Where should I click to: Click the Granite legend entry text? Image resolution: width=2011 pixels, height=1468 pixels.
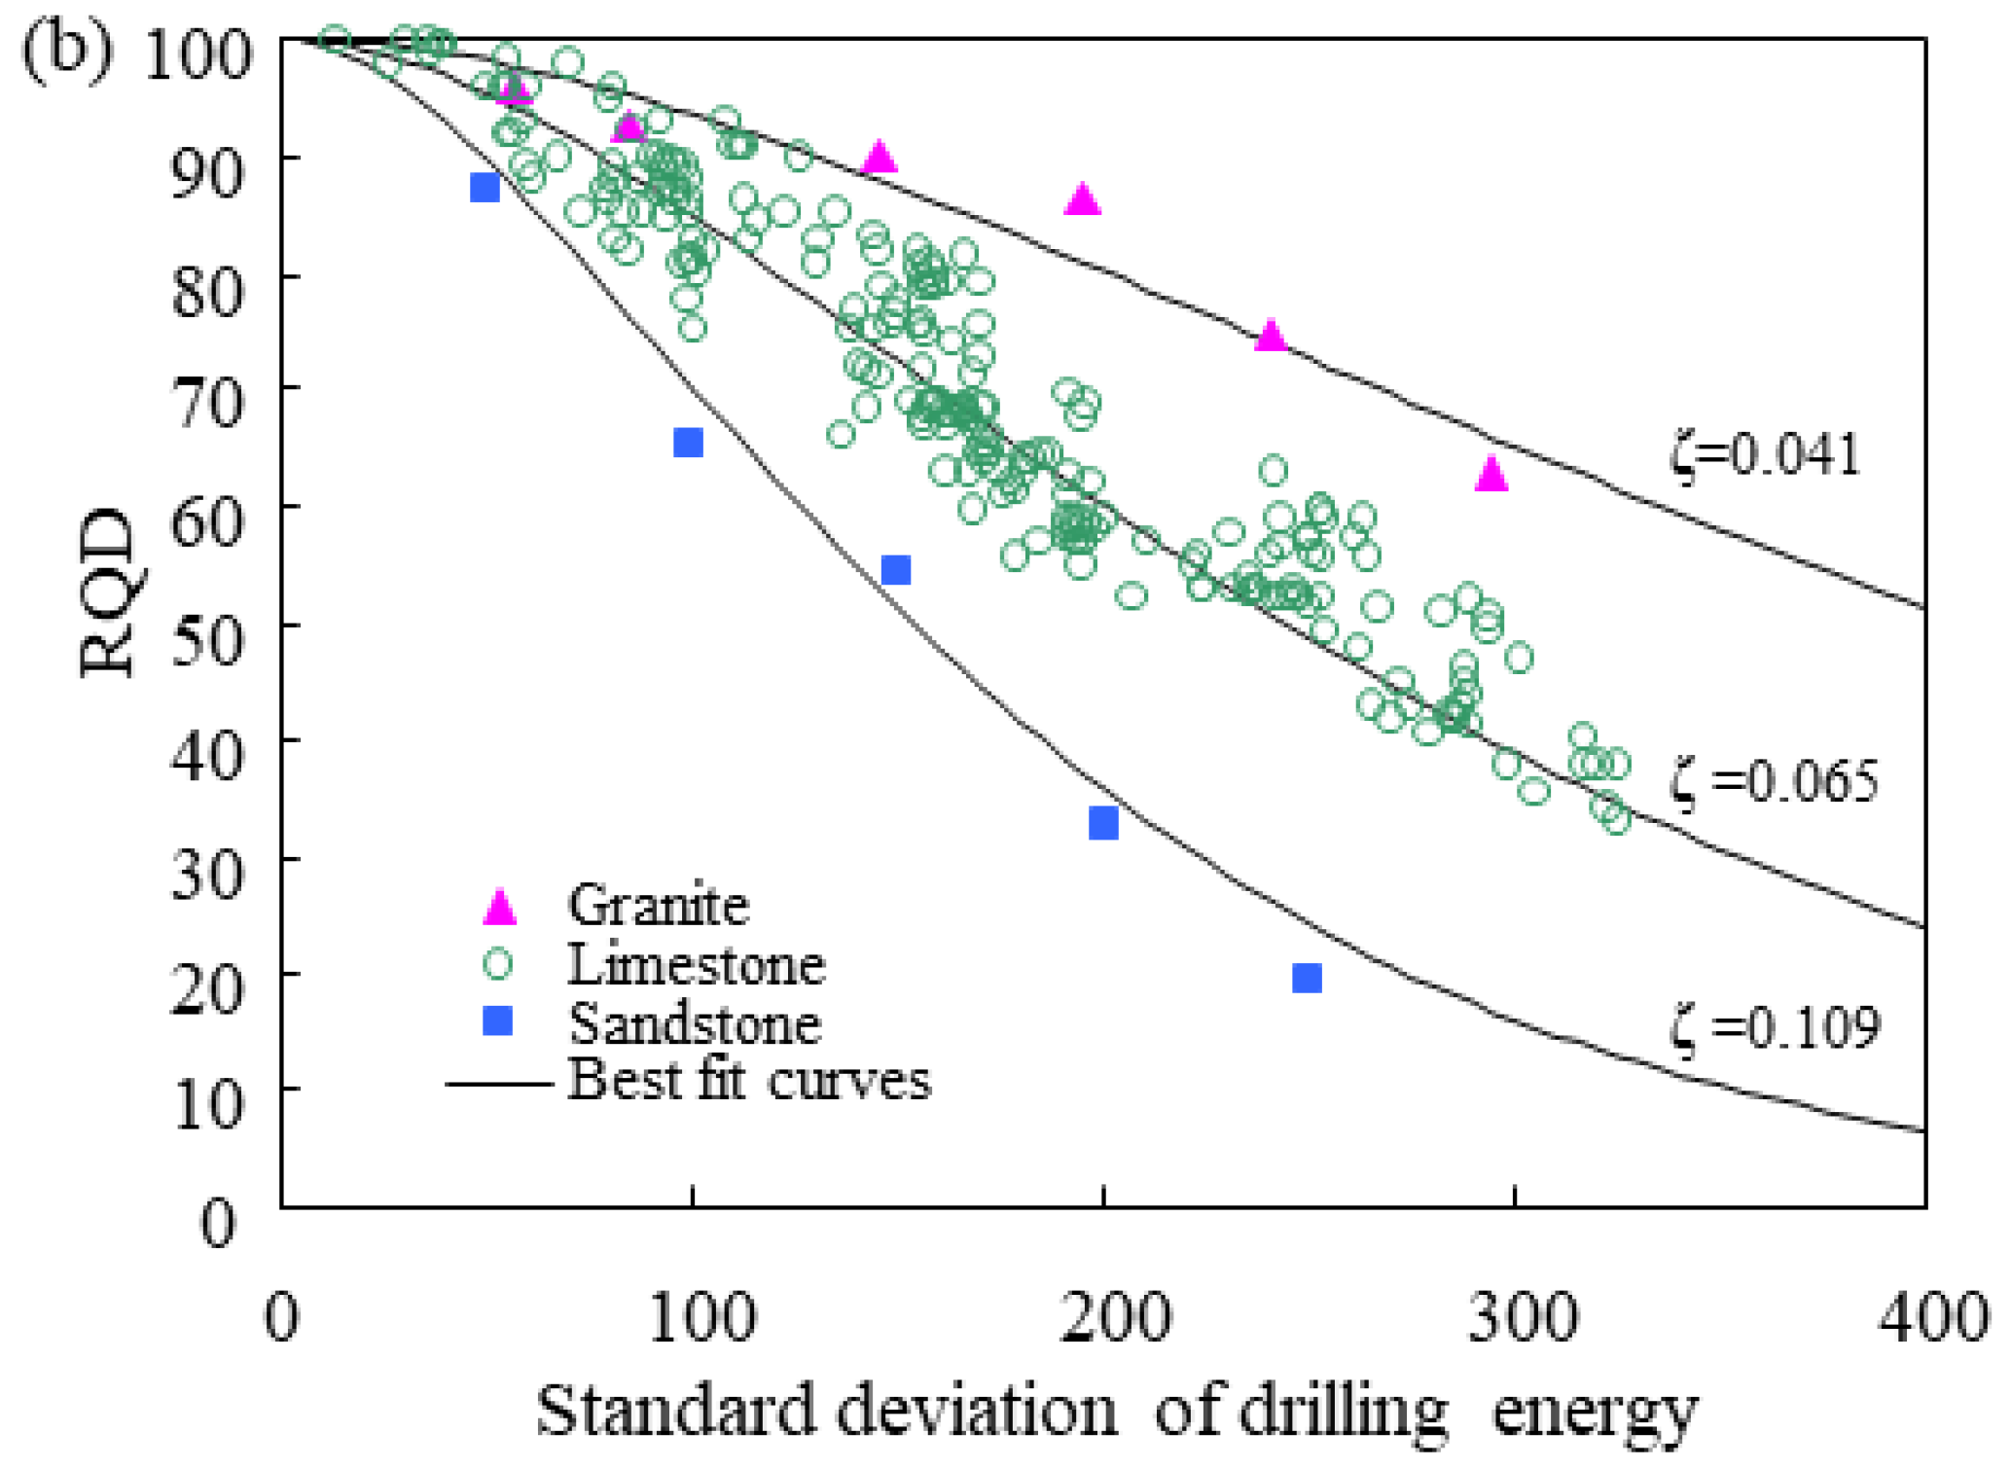coord(659,906)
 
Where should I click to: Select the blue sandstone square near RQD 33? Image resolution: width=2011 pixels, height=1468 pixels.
coord(1103,824)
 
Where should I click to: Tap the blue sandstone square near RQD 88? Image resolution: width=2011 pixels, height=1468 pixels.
coord(485,188)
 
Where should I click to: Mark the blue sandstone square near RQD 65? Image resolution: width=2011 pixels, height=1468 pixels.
coord(688,443)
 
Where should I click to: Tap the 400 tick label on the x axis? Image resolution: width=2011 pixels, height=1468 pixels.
coord(1931,1318)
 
